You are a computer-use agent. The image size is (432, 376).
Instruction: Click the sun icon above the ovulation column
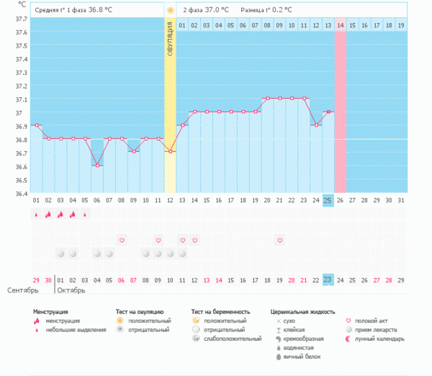(x=170, y=11)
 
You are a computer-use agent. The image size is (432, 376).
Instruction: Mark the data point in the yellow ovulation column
(x=170, y=151)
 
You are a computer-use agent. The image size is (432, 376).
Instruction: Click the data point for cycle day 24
(x=316, y=125)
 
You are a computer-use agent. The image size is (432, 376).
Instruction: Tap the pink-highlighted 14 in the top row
(x=341, y=25)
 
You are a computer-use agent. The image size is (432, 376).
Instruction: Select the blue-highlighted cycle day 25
(x=328, y=200)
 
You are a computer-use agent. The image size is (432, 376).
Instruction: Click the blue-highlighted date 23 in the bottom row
(x=328, y=279)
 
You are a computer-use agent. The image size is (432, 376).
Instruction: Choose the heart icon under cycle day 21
(x=279, y=240)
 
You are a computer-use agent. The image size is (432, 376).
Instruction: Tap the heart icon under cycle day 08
(x=122, y=240)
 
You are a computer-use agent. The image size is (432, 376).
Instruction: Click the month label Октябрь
(x=71, y=291)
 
